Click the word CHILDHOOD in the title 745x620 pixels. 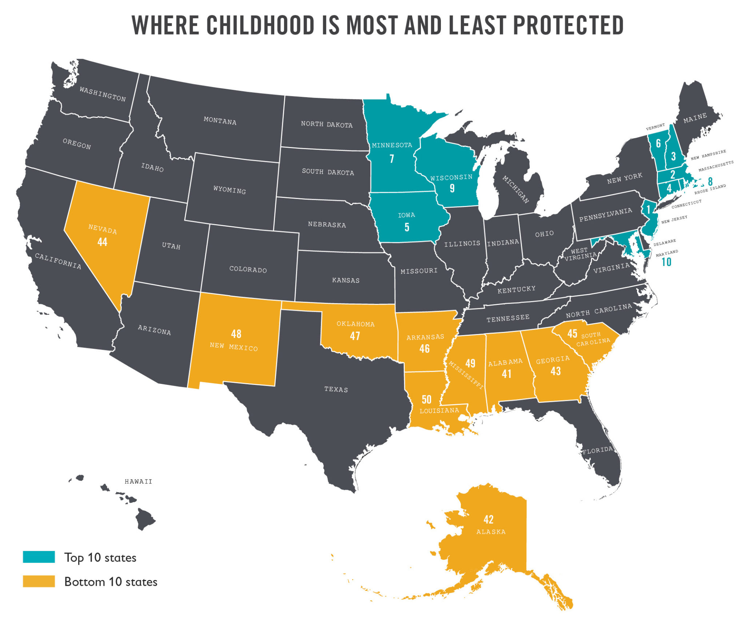tap(260, 25)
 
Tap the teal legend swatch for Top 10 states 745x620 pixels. tap(39, 557)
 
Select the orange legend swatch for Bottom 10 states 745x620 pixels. tap(39, 581)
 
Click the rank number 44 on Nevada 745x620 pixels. tap(102, 242)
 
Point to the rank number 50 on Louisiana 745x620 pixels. tap(426, 400)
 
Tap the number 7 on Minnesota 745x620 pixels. tap(392, 159)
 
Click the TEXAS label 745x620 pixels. tap(336, 389)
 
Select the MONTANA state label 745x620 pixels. tap(220, 120)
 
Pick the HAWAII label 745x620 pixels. tap(138, 481)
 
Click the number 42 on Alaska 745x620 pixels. tap(488, 519)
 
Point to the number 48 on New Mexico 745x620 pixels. tap(236, 334)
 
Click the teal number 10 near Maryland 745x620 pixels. tap(666, 262)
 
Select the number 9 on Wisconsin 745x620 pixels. tap(452, 188)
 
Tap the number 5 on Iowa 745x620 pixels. tap(407, 227)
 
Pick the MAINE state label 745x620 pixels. tap(695, 118)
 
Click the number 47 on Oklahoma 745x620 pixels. tap(355, 335)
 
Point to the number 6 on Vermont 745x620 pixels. tap(658, 143)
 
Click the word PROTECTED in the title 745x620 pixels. tap(568, 25)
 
